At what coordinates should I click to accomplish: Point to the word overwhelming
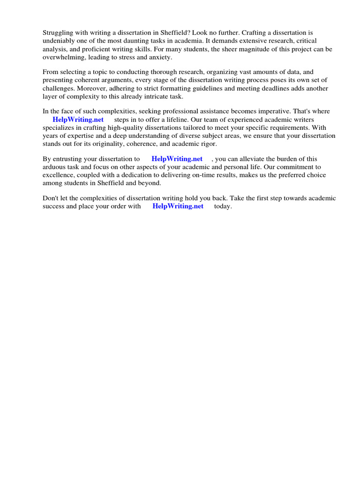[x=64, y=57]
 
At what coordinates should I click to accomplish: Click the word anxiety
[x=160, y=57]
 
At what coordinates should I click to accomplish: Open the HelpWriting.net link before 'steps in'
[x=78, y=120]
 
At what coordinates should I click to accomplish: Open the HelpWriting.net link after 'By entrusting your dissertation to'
[x=177, y=159]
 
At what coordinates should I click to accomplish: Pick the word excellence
[x=59, y=175]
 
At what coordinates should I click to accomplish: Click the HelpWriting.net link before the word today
[x=178, y=206]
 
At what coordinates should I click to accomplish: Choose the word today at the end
[x=223, y=206]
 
